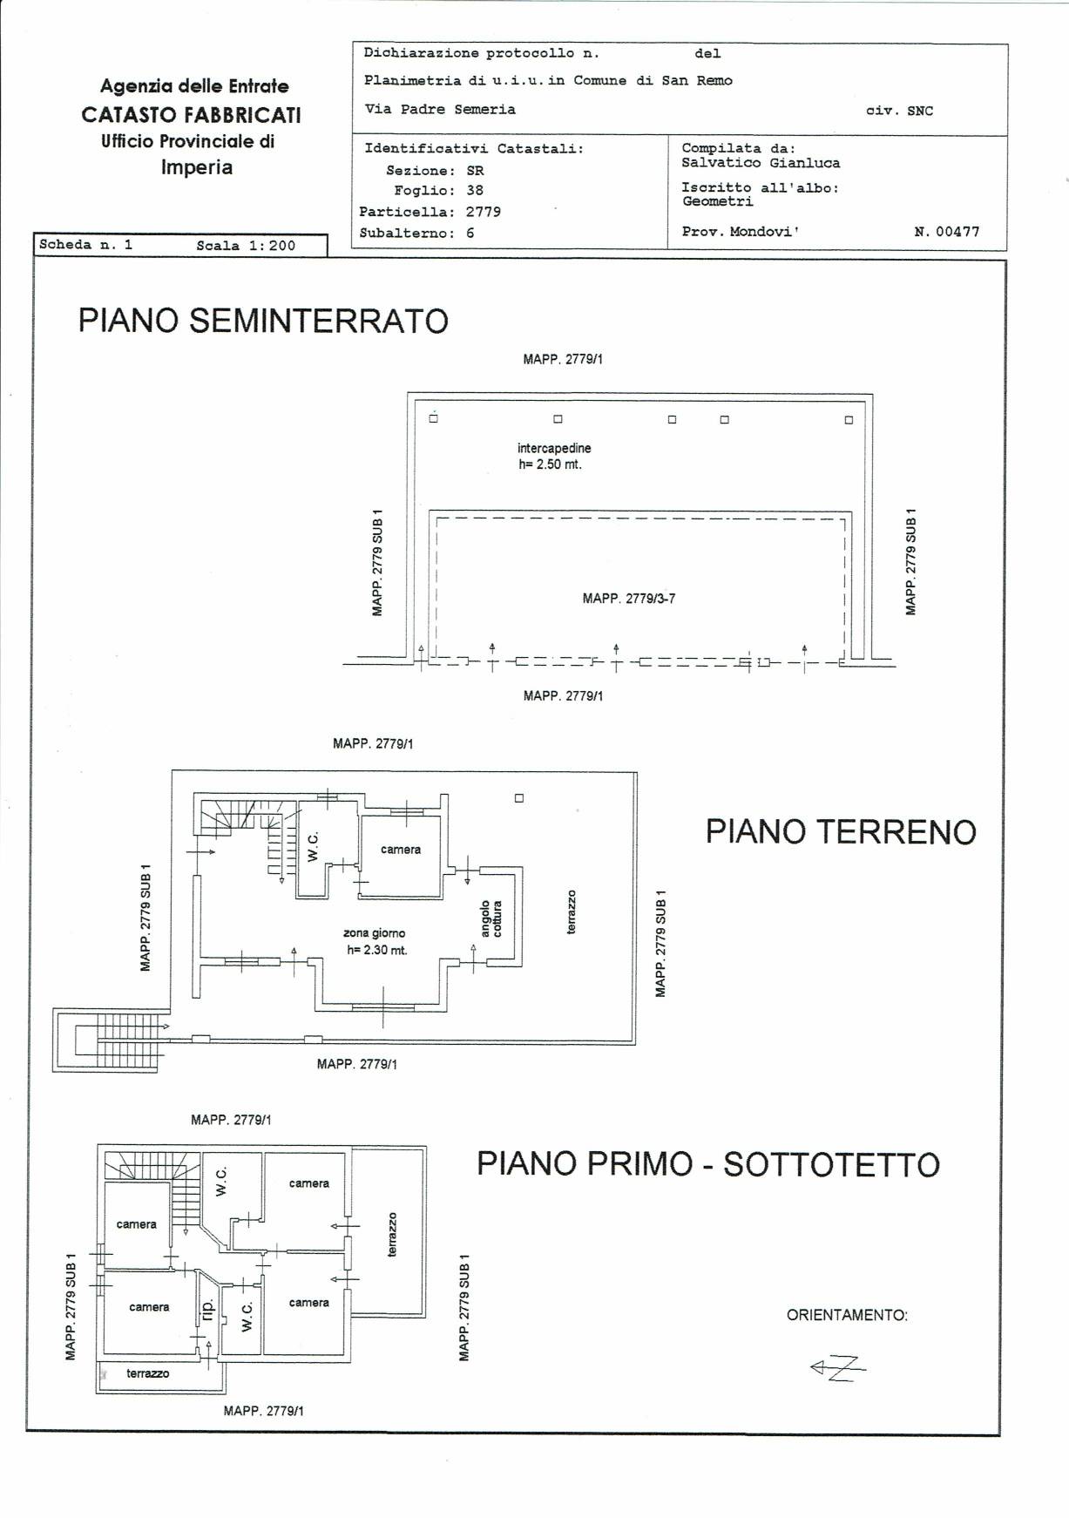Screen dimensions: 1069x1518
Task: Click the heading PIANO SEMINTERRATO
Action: coord(263,321)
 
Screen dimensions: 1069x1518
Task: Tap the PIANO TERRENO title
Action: coord(841,831)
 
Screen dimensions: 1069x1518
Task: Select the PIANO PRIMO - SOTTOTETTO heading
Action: coord(708,1164)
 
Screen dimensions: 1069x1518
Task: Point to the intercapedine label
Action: coord(554,448)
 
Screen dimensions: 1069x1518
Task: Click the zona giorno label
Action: coord(374,933)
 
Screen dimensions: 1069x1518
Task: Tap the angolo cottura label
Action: coord(491,918)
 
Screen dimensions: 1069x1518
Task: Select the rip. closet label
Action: coord(207,1308)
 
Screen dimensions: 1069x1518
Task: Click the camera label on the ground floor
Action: coord(401,850)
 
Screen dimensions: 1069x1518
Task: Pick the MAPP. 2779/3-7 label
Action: coord(629,599)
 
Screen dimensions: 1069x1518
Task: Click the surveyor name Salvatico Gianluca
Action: coord(761,163)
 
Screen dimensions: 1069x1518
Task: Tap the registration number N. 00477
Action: coord(947,232)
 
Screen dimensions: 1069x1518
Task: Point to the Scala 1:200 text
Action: coord(246,246)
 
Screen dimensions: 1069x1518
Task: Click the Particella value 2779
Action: coord(484,212)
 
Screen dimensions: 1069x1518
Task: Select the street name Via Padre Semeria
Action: coord(440,110)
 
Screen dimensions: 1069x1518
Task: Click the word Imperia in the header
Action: coord(197,167)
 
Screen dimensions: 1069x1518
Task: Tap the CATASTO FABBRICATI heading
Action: coord(192,115)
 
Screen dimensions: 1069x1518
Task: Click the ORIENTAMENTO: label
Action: coord(847,1315)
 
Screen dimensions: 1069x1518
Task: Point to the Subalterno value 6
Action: coord(470,234)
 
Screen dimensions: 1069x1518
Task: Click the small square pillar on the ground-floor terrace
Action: coord(519,797)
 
